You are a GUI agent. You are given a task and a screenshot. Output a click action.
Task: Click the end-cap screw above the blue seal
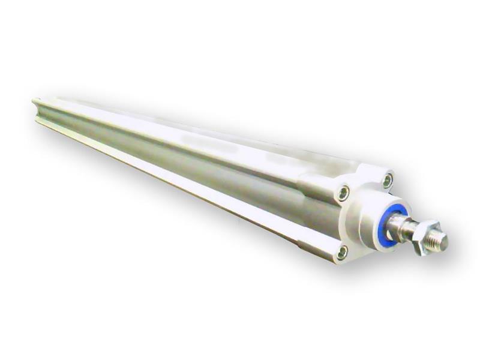[x=388, y=179]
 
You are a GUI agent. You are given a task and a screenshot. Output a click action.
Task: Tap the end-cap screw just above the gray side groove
[x=344, y=193]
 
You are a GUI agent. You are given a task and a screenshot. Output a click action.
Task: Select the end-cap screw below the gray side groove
[x=343, y=252]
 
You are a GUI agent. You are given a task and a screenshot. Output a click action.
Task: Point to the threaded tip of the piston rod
[x=440, y=241]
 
